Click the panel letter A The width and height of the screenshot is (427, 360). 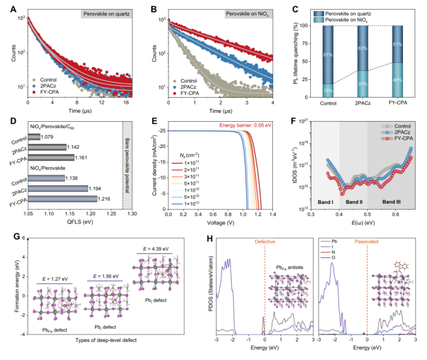(7, 7)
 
